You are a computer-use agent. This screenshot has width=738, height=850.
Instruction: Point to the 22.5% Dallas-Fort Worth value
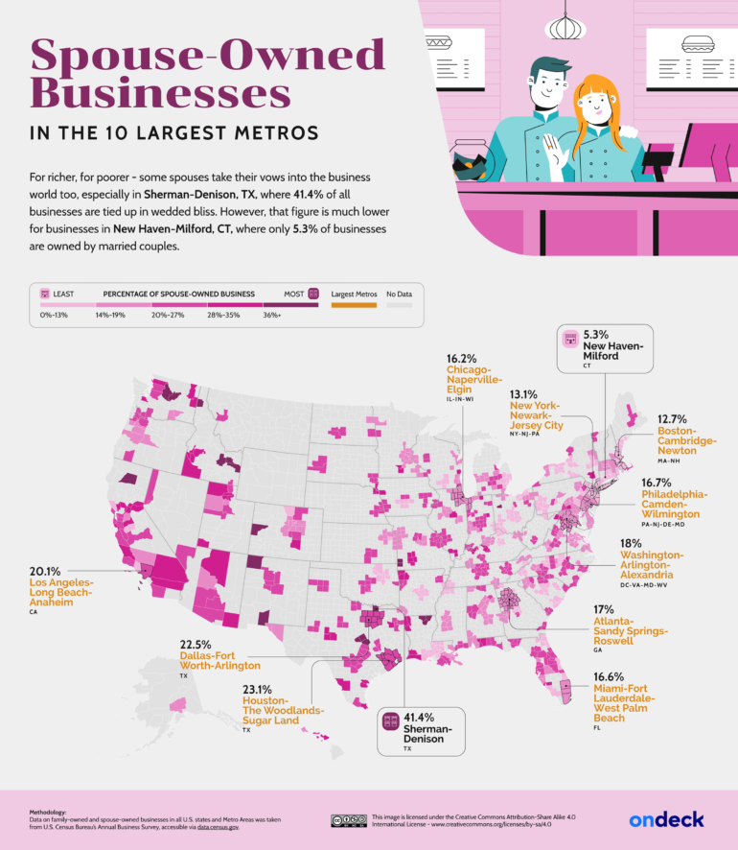[196, 644]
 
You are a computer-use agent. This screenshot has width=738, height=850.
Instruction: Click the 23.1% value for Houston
[258, 688]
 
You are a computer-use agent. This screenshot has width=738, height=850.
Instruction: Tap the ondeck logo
[666, 818]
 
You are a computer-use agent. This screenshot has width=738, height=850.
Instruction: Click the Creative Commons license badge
[348, 820]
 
